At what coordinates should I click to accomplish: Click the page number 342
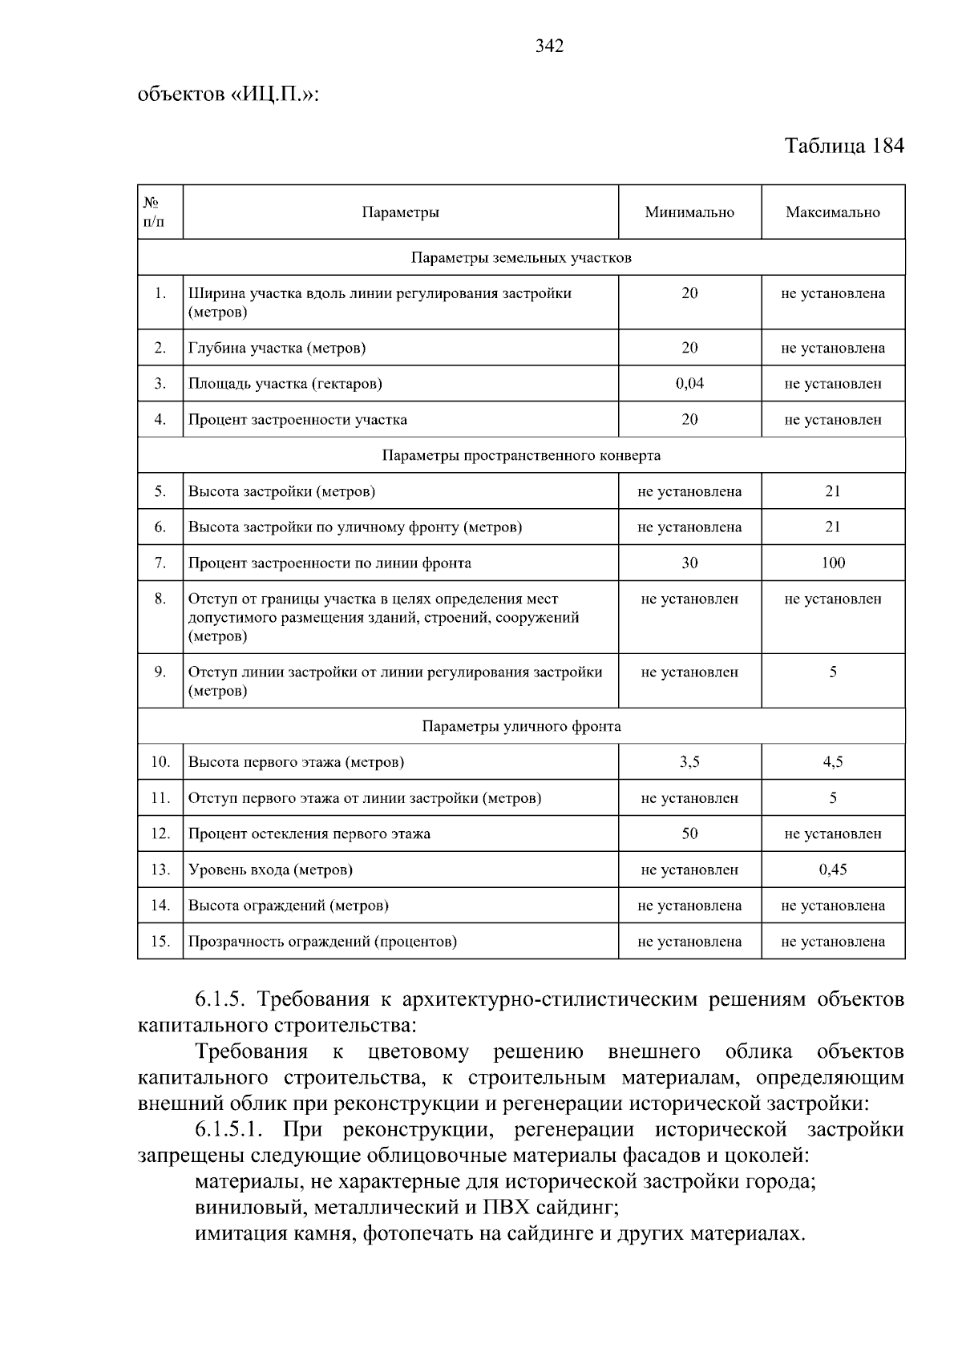point(549,46)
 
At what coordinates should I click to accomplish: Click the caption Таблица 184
point(844,146)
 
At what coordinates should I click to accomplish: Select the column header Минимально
point(689,212)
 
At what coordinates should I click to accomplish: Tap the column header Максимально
point(832,212)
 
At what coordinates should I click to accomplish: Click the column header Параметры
point(400,212)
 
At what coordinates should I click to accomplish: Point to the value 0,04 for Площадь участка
point(689,383)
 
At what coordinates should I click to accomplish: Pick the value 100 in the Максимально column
point(833,563)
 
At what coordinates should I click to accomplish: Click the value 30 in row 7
point(689,563)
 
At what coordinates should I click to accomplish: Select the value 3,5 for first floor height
point(689,762)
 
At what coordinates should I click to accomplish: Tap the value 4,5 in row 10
point(833,762)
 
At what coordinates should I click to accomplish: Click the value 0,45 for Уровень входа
point(833,870)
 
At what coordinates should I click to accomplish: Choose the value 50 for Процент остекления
point(689,833)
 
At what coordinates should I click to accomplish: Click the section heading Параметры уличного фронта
point(521,727)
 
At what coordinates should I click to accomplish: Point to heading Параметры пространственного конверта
point(521,456)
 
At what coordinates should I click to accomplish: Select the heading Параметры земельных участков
point(521,258)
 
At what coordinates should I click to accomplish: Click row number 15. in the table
point(160,942)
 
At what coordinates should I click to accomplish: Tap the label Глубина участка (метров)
point(277,348)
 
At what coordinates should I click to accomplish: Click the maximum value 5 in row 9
point(833,672)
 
